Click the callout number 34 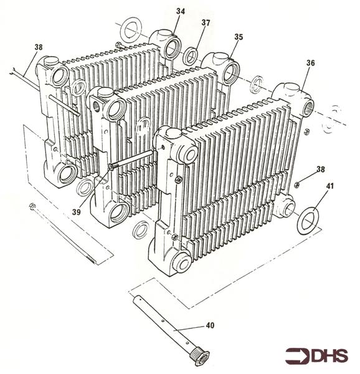[x=181, y=11]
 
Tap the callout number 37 [x=206, y=23]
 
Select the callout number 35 [x=239, y=37]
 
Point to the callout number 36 [x=310, y=63]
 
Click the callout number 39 [x=76, y=212]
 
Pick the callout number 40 [x=210, y=325]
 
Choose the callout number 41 [x=329, y=186]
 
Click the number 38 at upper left [x=39, y=47]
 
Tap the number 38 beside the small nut [x=321, y=170]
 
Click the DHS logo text [x=329, y=356]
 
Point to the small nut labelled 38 [x=296, y=185]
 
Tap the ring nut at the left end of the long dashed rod [x=32, y=206]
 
